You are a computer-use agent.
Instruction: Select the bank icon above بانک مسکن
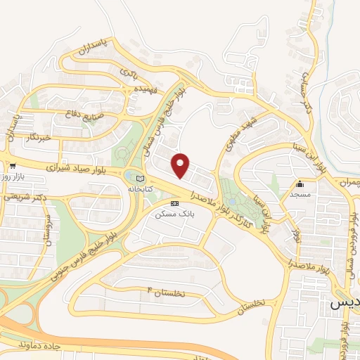click(175, 202)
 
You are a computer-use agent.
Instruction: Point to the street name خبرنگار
click(35, 137)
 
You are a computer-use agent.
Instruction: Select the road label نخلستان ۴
click(165, 292)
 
